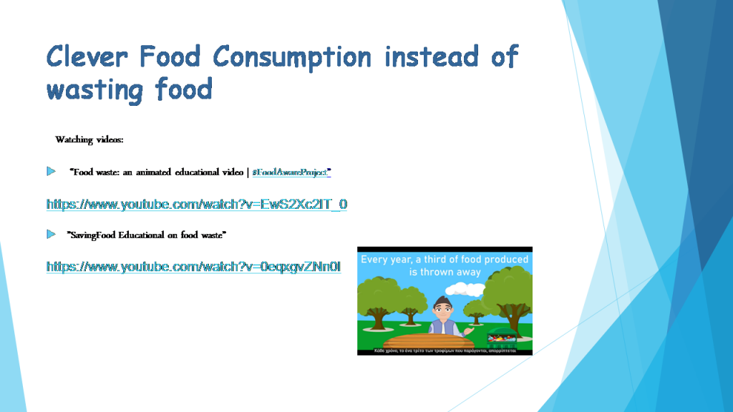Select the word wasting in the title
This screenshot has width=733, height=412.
click(x=96, y=90)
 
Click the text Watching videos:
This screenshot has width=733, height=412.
click(x=89, y=139)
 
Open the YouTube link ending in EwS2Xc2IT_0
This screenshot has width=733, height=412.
click(x=197, y=205)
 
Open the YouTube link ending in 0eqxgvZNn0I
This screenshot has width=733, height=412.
click(x=193, y=267)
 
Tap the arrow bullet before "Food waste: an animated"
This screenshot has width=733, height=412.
click(x=51, y=172)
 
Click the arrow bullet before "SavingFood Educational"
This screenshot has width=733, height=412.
click(x=51, y=234)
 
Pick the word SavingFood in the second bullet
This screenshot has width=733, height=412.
click(x=93, y=235)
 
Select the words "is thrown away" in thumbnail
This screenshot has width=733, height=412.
click(x=445, y=273)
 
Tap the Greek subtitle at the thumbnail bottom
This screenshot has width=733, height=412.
click(x=445, y=351)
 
